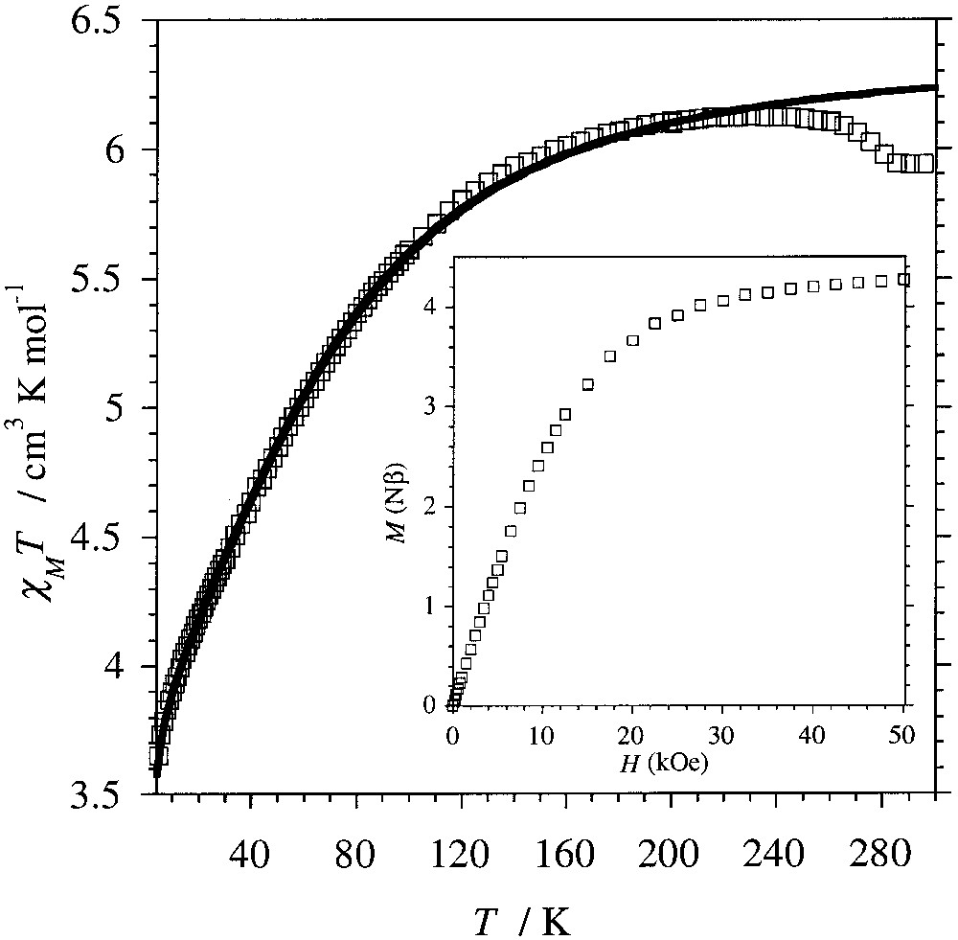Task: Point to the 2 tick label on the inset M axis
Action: pyautogui.click(x=437, y=507)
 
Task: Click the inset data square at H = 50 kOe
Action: pyautogui.click(x=902, y=280)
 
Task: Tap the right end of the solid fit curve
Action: pyautogui.click(x=933, y=87)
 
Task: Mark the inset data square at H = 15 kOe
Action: pyautogui.click(x=588, y=385)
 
